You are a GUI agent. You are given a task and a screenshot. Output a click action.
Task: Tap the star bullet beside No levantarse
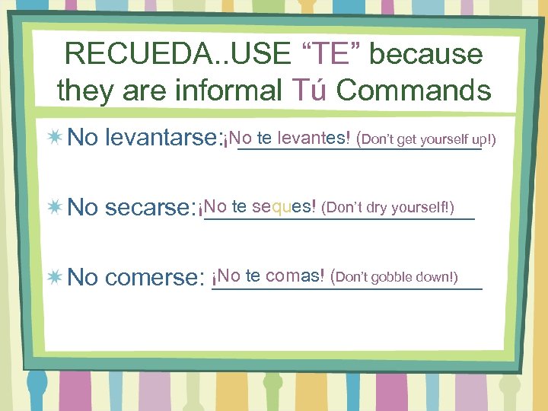pos(55,138)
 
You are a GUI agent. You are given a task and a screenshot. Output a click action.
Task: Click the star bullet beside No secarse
pos(55,206)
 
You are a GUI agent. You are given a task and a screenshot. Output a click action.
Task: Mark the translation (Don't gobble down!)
pos(395,276)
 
